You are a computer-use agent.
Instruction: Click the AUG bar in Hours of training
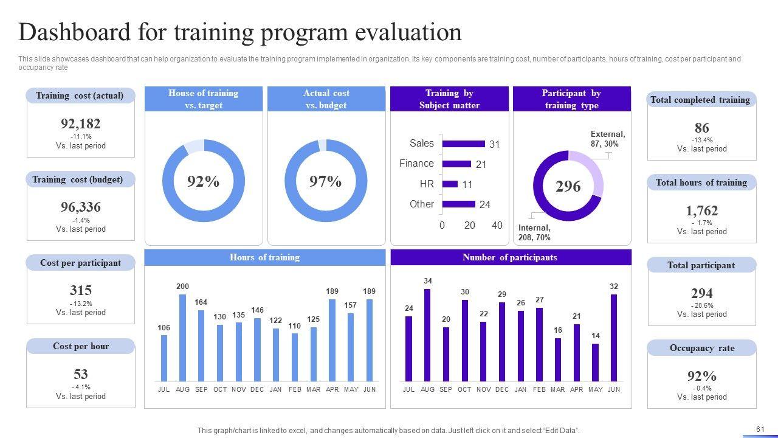click(x=182, y=338)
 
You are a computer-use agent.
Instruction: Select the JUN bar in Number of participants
click(x=614, y=338)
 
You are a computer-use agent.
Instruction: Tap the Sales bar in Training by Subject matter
click(x=464, y=144)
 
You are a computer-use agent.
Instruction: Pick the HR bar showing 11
click(x=450, y=184)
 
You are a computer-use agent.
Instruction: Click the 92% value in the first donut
click(x=203, y=181)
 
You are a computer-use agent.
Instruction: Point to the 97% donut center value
click(x=326, y=181)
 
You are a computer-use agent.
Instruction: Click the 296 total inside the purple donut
click(x=568, y=186)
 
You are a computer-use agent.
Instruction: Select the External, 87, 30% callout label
click(x=607, y=139)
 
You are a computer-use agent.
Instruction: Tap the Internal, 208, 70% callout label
click(x=535, y=232)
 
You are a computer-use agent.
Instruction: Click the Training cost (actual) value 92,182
click(x=81, y=123)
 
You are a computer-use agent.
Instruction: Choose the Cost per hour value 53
click(x=81, y=374)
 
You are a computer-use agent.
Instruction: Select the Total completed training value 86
click(x=702, y=128)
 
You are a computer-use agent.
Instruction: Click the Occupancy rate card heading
click(x=702, y=348)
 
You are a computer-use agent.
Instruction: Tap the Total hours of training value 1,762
click(x=702, y=210)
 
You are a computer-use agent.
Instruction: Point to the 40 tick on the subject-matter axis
click(x=497, y=225)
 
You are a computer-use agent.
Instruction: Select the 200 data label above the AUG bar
click(x=182, y=287)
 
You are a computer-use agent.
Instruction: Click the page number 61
click(x=760, y=429)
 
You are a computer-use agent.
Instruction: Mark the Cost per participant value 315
click(x=81, y=290)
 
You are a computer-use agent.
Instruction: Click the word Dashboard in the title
click(x=75, y=32)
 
